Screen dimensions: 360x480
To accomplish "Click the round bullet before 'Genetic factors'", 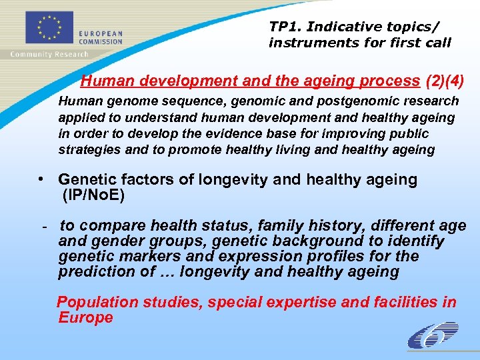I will [41, 179].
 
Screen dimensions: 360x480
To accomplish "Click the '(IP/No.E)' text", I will [93, 195].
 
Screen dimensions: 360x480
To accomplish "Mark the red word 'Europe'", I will [85, 317].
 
